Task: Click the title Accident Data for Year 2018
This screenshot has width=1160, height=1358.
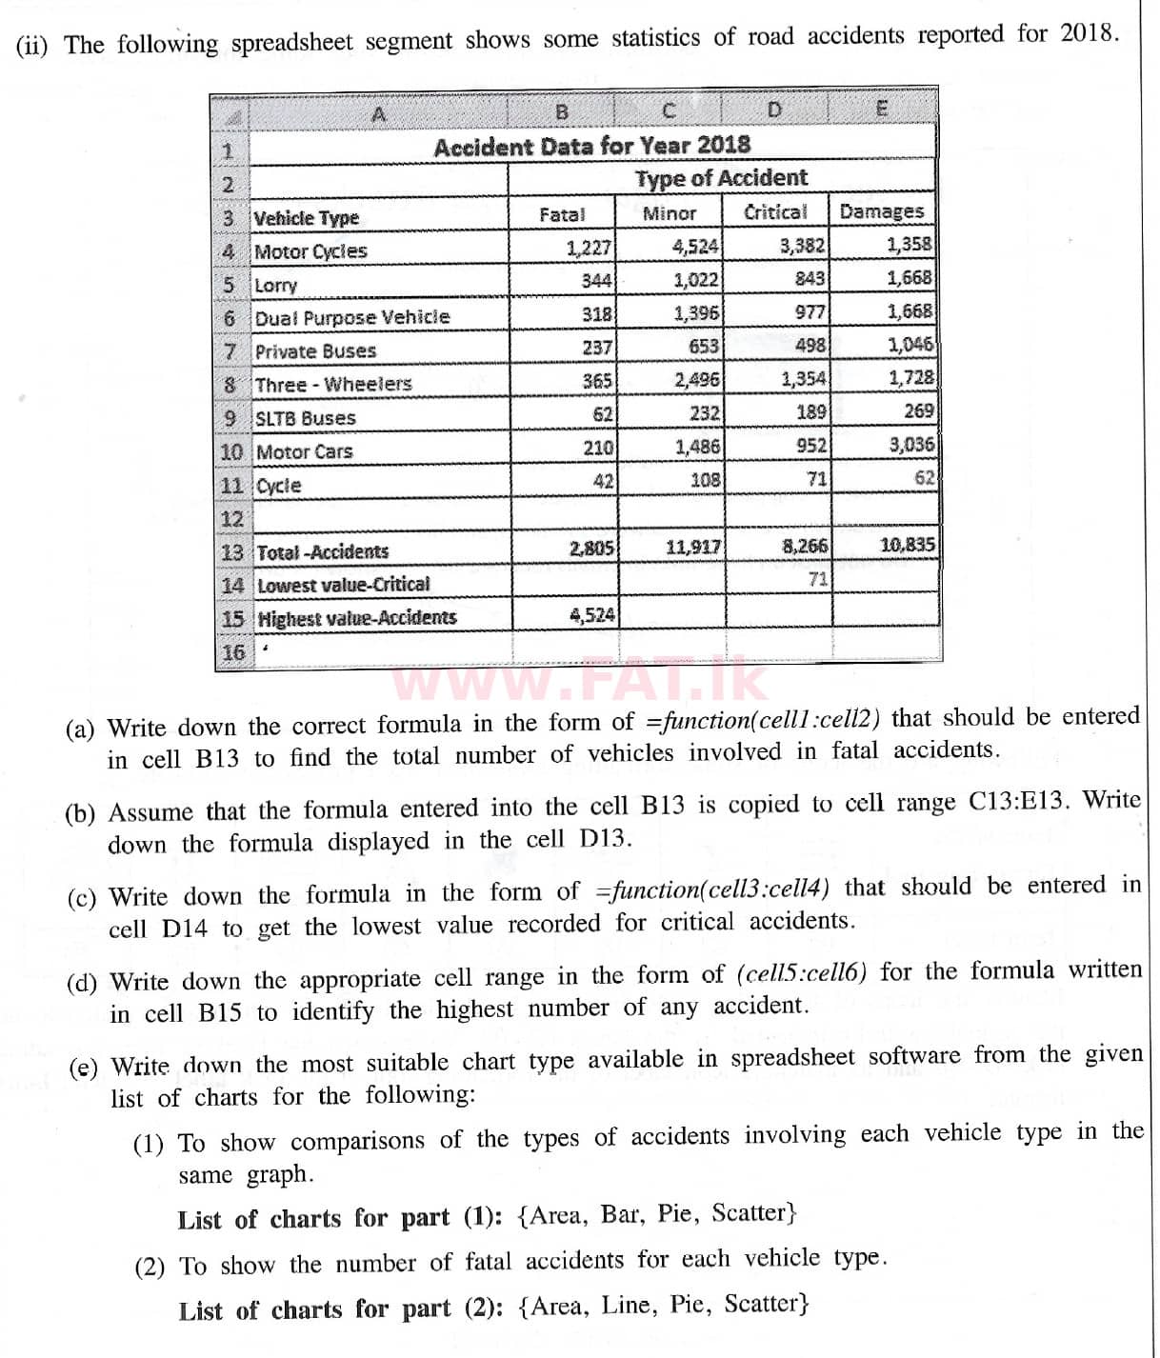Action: tap(591, 147)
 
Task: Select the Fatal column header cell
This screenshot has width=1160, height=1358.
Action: tap(561, 215)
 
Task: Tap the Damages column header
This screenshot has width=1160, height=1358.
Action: tap(881, 211)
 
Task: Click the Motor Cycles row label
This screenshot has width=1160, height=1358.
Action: tap(310, 251)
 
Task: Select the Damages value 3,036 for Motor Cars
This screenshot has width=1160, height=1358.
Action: tap(910, 445)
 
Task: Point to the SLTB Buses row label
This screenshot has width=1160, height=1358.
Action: tap(305, 418)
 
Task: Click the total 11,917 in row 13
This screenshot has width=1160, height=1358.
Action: tap(692, 548)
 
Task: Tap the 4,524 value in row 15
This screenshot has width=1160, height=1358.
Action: tap(591, 615)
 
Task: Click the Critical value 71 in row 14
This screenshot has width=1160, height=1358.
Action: tap(817, 578)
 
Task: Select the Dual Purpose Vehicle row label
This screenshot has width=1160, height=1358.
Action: tap(351, 317)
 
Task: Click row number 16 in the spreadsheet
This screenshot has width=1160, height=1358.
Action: tap(233, 652)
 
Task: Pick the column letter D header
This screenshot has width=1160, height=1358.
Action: tap(773, 110)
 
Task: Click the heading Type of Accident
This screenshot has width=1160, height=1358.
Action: tap(721, 178)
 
